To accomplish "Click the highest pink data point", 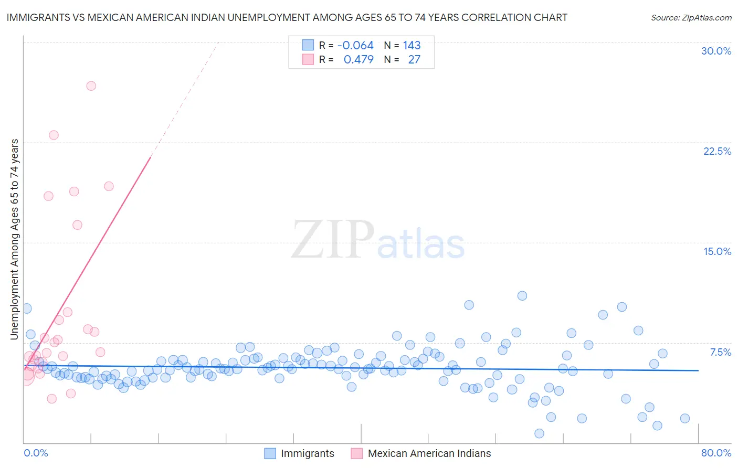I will point(91,86).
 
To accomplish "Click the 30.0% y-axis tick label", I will point(716,51).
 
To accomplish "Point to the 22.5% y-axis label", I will point(717,151).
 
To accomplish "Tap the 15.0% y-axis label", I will point(717,251).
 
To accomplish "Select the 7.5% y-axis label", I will point(720,352).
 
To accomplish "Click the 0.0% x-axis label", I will point(36,453).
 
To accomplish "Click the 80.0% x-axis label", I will point(716,453).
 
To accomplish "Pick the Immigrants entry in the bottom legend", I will point(307,453).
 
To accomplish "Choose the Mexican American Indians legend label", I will point(429,453).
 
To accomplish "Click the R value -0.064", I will point(355,45).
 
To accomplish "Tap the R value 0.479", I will point(359,59).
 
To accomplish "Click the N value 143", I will point(412,45).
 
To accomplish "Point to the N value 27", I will point(414,59).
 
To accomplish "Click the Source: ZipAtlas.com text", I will point(691,17).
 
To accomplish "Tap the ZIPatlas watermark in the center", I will point(378,240).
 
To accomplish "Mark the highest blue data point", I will point(522,295).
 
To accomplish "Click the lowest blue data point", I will point(539,433).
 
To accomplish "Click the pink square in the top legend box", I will point(308,59).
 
